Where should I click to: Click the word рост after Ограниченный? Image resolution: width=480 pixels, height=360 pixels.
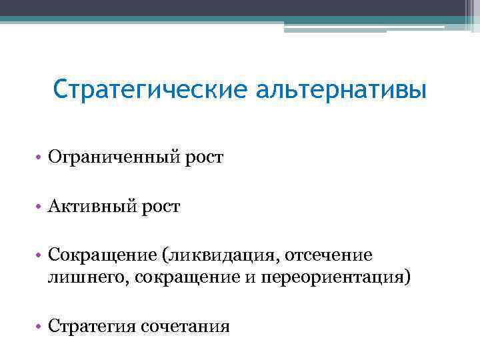[x=205, y=159]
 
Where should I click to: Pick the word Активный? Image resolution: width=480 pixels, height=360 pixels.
[x=91, y=207]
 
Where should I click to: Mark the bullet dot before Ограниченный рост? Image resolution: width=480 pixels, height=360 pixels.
[x=40, y=159]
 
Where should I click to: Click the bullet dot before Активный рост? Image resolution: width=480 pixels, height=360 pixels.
[x=40, y=207]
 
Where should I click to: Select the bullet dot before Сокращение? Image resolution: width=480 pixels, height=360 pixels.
[x=40, y=256]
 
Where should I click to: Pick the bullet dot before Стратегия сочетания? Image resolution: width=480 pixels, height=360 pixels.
[x=40, y=327]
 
